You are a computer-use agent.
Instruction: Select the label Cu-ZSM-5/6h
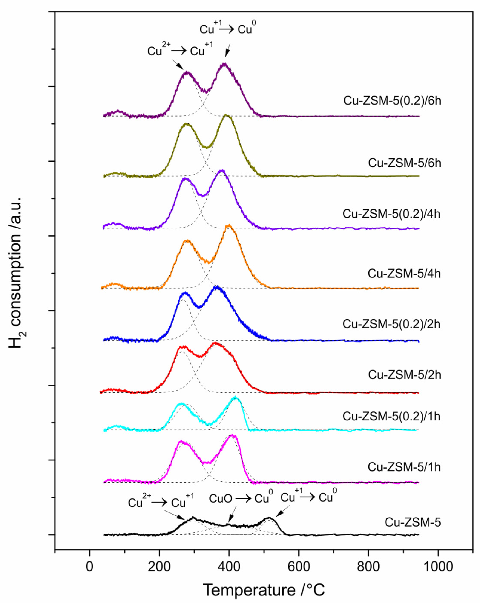pos(404,163)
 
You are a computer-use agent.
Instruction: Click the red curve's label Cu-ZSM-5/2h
pos(404,375)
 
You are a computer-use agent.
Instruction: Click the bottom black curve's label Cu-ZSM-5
pos(413,522)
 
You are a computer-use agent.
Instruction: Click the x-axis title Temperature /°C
pos(264,590)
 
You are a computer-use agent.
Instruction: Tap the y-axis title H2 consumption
pos(16,273)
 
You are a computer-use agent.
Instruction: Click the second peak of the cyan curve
pos(235,397)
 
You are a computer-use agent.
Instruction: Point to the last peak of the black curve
pos(269,518)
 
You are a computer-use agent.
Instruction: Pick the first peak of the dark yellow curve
pos(186,124)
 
